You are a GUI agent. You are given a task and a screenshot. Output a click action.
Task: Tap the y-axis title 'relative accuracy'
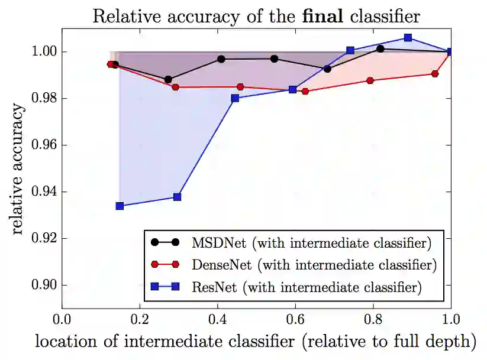click(x=18, y=170)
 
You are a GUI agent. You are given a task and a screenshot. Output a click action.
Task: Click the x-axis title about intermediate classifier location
click(x=255, y=342)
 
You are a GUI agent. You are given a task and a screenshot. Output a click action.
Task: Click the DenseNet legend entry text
click(x=314, y=265)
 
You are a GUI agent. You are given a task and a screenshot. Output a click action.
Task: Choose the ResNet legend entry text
click(x=307, y=288)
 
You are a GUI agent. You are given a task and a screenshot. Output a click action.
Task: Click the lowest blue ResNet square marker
click(x=120, y=206)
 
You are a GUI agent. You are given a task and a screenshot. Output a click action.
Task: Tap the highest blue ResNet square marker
click(x=408, y=37)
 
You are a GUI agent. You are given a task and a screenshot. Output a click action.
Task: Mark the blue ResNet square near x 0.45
click(x=235, y=98)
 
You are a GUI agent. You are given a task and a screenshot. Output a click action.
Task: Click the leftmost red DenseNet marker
click(x=111, y=64)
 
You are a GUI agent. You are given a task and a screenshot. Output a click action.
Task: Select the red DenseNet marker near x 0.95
click(x=435, y=74)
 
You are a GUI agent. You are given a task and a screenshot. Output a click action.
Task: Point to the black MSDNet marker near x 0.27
click(x=168, y=79)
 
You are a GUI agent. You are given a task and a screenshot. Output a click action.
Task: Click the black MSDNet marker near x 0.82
click(x=380, y=48)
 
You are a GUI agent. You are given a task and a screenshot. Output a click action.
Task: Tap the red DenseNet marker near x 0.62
click(x=305, y=91)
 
